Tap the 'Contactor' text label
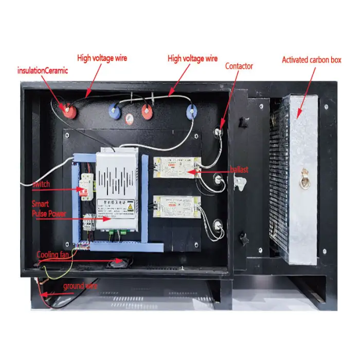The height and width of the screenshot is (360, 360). (239, 66)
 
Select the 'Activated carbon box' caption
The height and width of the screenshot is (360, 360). (311, 60)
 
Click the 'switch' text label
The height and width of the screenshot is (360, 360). (41, 184)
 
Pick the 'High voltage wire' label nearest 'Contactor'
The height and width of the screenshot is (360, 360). (192, 59)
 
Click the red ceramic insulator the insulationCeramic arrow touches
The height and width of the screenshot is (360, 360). (66, 109)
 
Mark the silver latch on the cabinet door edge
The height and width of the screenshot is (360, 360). (238, 181)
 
